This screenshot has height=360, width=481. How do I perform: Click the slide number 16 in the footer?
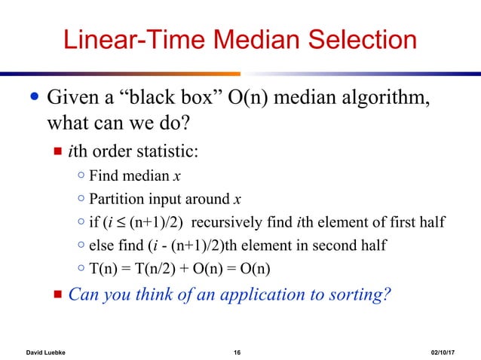pyautogui.click(x=237, y=352)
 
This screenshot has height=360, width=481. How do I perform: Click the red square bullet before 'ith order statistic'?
pyautogui.click(x=57, y=153)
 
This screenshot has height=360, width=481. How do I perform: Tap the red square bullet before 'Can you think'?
pyautogui.click(x=57, y=293)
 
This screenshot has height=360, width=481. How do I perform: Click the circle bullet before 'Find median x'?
pyautogui.click(x=81, y=177)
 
